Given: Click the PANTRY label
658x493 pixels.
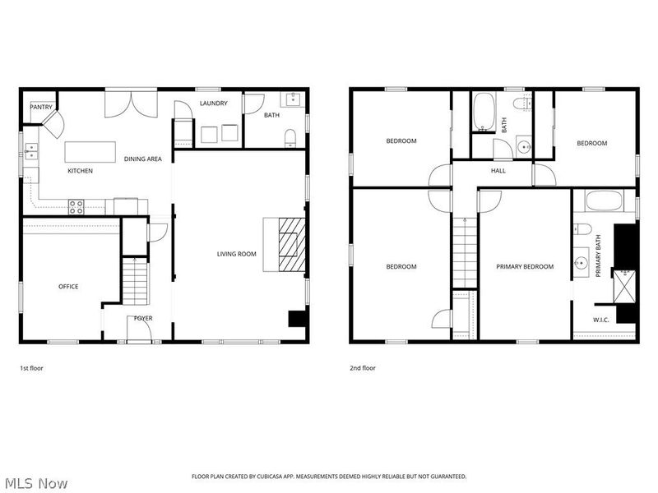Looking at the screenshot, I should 41,107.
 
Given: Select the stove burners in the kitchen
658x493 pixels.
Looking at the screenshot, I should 76,207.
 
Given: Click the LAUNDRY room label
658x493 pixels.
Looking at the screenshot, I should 213,104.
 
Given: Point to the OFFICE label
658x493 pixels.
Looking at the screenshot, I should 68,287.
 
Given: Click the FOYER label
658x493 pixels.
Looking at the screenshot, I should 143,319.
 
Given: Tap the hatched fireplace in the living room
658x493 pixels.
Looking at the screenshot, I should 290,243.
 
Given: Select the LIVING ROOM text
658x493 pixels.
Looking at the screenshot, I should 237,254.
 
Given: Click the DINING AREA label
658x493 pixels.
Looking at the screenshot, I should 142,159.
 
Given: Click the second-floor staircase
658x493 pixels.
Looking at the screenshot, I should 465,251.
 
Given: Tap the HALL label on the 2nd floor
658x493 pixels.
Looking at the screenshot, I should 498,171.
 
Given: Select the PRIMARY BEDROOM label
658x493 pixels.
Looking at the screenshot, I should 525,266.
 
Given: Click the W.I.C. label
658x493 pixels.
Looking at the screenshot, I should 600,320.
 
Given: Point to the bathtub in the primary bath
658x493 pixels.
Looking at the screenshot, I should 604,202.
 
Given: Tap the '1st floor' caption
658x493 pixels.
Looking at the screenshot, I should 31,368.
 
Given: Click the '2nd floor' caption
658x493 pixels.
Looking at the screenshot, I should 363,368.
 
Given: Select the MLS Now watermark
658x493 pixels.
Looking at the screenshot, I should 35,483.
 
